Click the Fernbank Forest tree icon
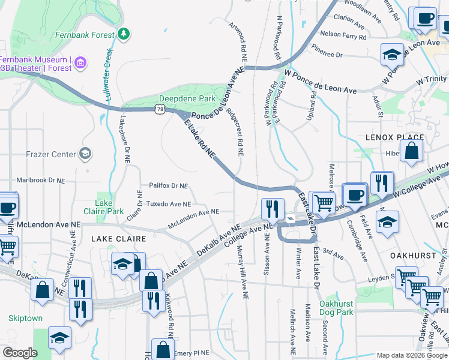(x=124, y=34)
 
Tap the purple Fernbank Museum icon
(x=80, y=62)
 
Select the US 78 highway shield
(x=158, y=109)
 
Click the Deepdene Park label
(x=187, y=98)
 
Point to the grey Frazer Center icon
(x=85, y=154)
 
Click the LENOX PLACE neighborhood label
(x=394, y=137)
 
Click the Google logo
(x=20, y=353)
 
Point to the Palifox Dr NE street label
(x=164, y=186)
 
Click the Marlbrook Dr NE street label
(x=40, y=180)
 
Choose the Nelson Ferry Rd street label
(x=343, y=35)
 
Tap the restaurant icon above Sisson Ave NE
(x=273, y=209)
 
